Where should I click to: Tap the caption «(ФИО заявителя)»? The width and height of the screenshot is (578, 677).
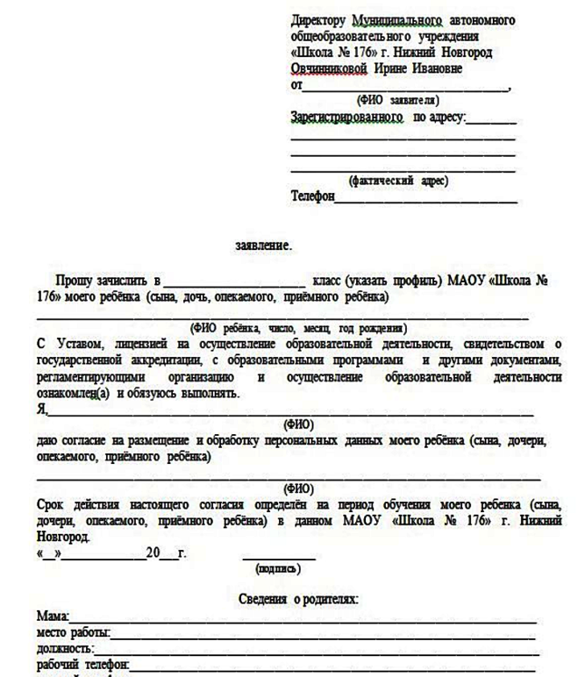pos(386,100)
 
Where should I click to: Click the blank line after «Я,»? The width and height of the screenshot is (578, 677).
pos(289,410)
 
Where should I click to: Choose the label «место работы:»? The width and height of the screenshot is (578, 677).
pos(72,633)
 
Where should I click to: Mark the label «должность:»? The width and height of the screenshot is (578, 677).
pos(64,648)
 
